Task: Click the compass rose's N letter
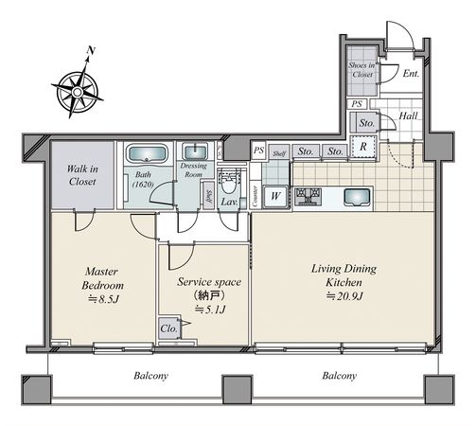(91, 50)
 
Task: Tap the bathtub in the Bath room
(147, 153)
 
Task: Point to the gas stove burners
(308, 196)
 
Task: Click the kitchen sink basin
(357, 197)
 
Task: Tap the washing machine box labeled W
(275, 197)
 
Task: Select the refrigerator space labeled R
(363, 147)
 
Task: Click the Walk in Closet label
(82, 175)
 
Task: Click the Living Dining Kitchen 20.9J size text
(344, 296)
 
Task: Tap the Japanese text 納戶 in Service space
(209, 295)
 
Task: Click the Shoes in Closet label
(361, 70)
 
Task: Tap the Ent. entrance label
(412, 74)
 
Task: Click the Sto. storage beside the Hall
(366, 122)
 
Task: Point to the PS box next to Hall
(357, 104)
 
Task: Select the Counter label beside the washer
(256, 196)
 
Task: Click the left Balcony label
(150, 376)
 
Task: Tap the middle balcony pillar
(238, 390)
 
